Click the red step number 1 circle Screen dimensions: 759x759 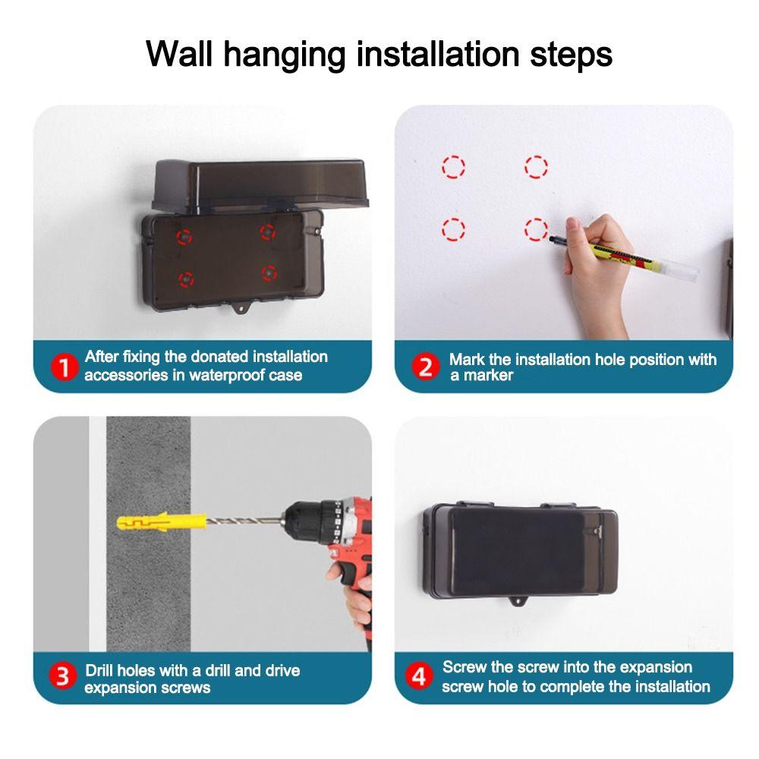pos(65,368)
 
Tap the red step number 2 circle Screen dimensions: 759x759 pos(426,367)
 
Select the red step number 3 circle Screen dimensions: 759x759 pos(65,676)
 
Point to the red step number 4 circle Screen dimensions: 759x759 pos(418,676)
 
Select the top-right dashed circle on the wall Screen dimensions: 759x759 pos(536,166)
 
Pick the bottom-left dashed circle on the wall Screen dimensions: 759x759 pos(453,228)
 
